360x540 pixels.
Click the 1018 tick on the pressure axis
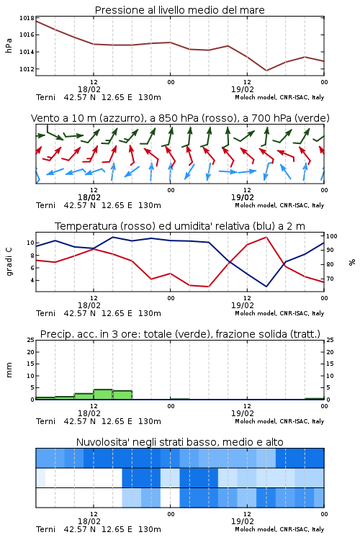point(27,18)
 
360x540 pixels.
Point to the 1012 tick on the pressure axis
point(27,69)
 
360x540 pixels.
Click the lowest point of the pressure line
point(266,71)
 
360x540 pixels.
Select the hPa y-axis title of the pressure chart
point(9,45)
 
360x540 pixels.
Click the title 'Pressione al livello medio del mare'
point(180,10)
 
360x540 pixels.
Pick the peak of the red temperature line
point(266,237)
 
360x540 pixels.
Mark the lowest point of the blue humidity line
point(266,287)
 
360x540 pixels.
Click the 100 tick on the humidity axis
point(332,236)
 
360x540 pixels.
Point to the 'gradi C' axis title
point(9,262)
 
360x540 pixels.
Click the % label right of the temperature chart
point(352,262)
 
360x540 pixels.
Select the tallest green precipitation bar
point(103,395)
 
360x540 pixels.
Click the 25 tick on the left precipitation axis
point(30,340)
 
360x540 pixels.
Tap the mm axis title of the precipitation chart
point(9,370)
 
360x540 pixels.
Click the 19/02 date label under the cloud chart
point(243,521)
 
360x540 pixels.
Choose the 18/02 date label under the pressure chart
point(89,89)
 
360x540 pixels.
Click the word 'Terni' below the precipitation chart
point(45,421)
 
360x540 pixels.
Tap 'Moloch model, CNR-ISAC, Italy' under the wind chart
point(279,205)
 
